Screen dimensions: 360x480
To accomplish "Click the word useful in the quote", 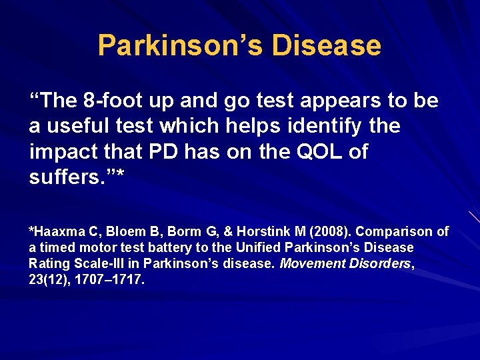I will pos(79,126).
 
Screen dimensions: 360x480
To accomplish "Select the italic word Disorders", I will pos(379,263).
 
